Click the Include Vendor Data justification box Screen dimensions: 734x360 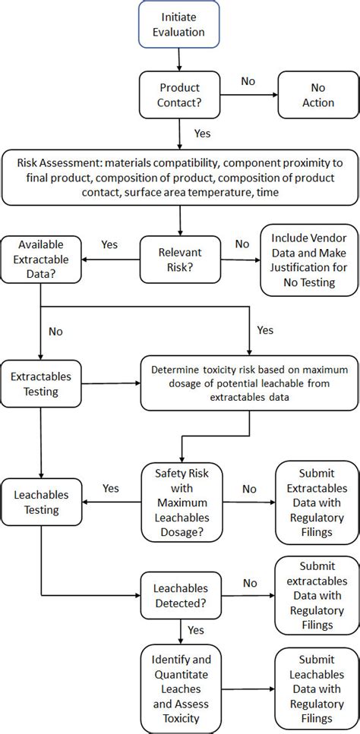click(308, 260)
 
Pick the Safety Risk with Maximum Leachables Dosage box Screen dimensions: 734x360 click(180, 501)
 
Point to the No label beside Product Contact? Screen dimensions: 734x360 click(248, 80)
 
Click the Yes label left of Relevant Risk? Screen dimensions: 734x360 click(109, 244)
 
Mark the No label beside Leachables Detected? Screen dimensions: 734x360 click(248, 582)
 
